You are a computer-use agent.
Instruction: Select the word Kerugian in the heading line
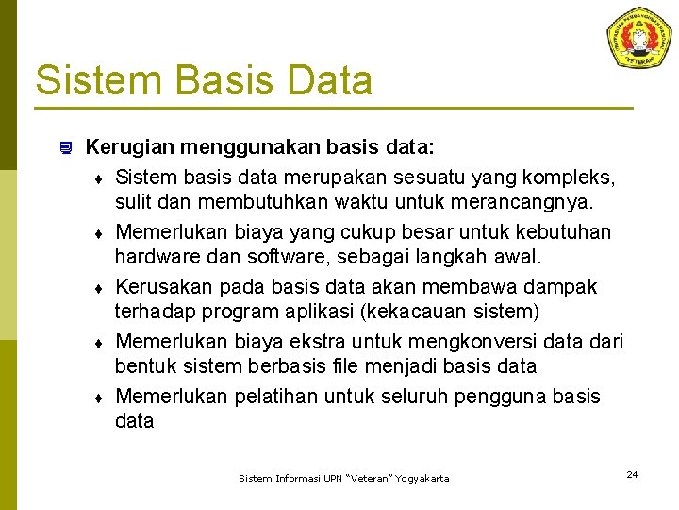click(x=127, y=148)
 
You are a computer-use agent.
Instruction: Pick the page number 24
click(x=632, y=474)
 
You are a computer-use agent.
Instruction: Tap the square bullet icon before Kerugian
click(x=65, y=147)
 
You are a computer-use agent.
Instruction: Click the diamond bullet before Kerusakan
click(x=98, y=287)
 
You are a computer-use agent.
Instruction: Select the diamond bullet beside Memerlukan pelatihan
click(x=98, y=397)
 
